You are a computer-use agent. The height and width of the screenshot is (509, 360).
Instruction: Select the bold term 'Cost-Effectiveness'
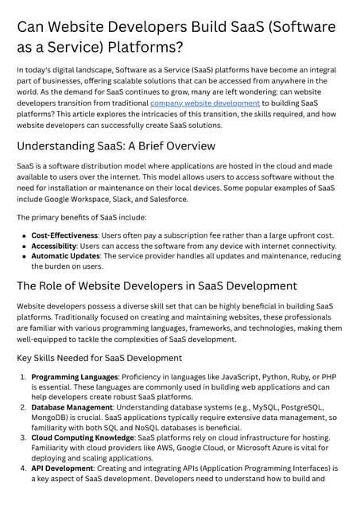64,235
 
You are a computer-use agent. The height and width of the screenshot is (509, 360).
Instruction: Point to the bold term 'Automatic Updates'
64,257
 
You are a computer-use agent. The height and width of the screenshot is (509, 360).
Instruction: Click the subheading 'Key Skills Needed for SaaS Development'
99,358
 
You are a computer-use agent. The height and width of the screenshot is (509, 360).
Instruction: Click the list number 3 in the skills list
23,439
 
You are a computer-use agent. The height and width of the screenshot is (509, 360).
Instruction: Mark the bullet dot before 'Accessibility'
24,247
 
